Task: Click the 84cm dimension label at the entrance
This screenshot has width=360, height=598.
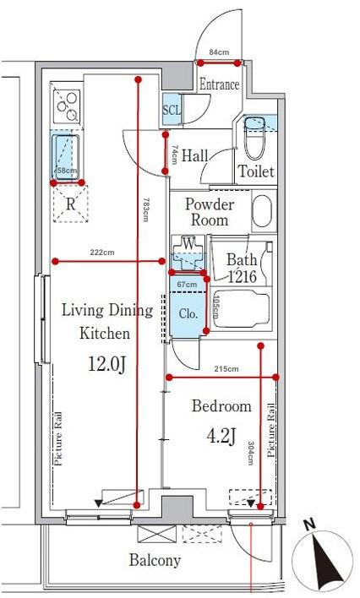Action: point(219,52)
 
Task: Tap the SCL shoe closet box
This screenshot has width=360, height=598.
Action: point(172,109)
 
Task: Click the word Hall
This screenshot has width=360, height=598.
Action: point(194,155)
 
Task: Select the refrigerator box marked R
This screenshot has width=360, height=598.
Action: point(71,204)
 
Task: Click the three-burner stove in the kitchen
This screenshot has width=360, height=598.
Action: point(68,106)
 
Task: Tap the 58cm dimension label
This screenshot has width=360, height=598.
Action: point(66,171)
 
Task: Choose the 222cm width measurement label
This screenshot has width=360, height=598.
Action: point(102,252)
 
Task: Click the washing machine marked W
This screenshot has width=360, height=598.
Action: point(188,252)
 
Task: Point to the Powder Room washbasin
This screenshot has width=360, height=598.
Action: point(264,211)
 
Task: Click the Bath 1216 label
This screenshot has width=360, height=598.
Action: point(242,269)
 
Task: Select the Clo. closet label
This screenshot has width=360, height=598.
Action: point(188,314)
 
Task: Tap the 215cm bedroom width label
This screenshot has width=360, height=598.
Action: point(226,369)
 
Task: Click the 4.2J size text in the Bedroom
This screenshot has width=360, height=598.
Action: point(221,436)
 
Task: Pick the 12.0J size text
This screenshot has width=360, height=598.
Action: point(106,363)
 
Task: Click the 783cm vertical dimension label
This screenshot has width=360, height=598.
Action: point(145,209)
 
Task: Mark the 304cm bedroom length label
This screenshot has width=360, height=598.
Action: point(250,453)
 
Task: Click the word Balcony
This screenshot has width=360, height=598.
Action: point(155,560)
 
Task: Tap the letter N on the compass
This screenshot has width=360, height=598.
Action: point(310,525)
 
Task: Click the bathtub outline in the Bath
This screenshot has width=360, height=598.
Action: point(242,308)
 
